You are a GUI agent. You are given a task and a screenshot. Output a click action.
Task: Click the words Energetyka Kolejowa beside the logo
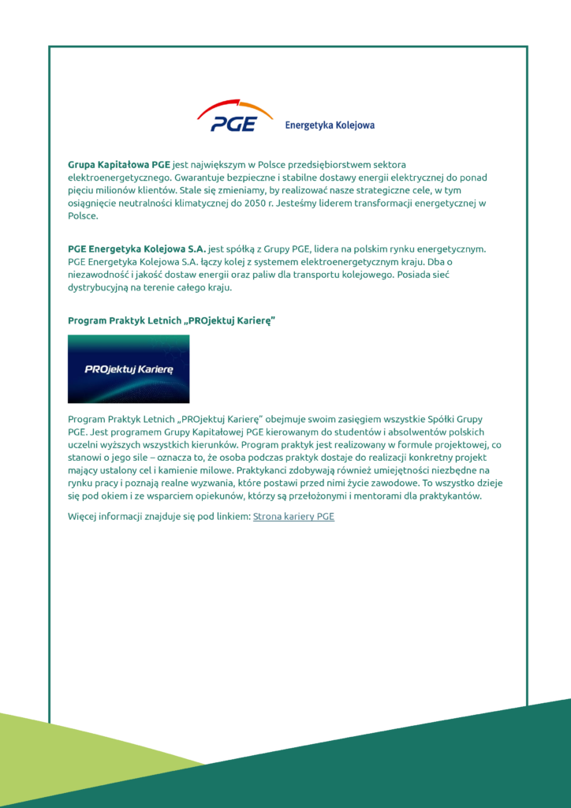click(x=329, y=125)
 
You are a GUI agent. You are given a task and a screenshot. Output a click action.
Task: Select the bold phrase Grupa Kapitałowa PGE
click(x=119, y=164)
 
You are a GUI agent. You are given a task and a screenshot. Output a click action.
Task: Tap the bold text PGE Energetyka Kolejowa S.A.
click(x=137, y=249)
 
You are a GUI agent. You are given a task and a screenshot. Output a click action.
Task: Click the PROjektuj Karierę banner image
click(x=129, y=368)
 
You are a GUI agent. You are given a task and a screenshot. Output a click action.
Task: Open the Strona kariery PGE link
click(x=293, y=517)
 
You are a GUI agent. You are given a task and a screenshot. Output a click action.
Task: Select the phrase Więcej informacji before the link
click(x=107, y=517)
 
